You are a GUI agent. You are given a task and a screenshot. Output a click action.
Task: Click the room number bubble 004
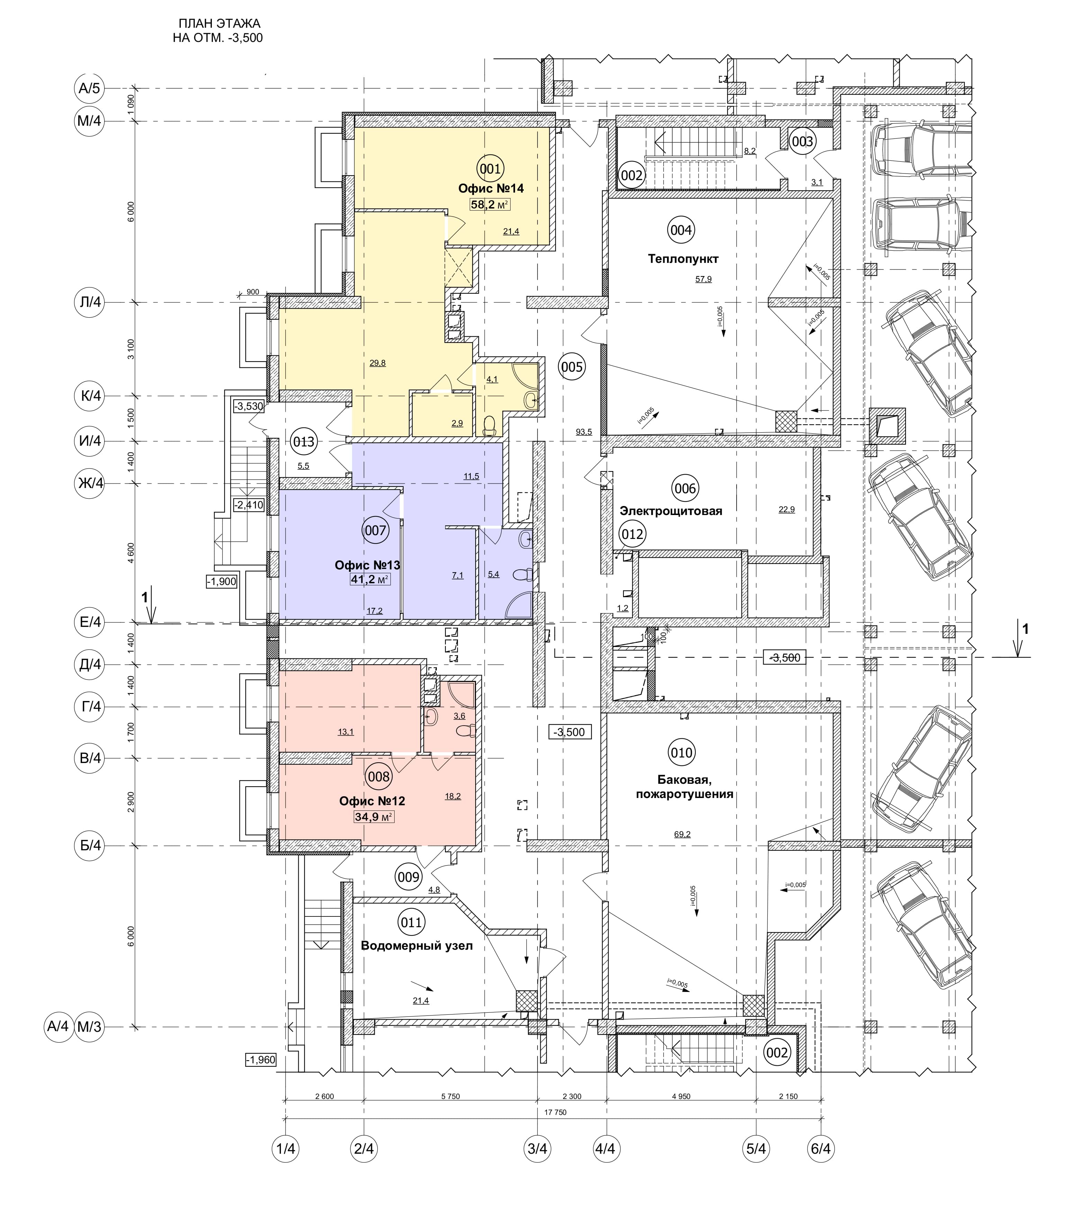click(x=681, y=230)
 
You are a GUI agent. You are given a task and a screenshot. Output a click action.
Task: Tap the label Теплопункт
click(x=683, y=259)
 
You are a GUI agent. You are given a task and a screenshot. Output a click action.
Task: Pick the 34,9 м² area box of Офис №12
click(x=374, y=817)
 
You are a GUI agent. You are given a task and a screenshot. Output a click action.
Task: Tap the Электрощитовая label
click(x=671, y=511)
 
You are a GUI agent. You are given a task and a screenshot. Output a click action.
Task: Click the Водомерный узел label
click(x=417, y=946)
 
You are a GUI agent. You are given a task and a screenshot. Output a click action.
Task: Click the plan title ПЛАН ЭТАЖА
click(x=219, y=24)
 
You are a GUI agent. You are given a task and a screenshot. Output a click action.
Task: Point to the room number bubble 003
click(x=802, y=141)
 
